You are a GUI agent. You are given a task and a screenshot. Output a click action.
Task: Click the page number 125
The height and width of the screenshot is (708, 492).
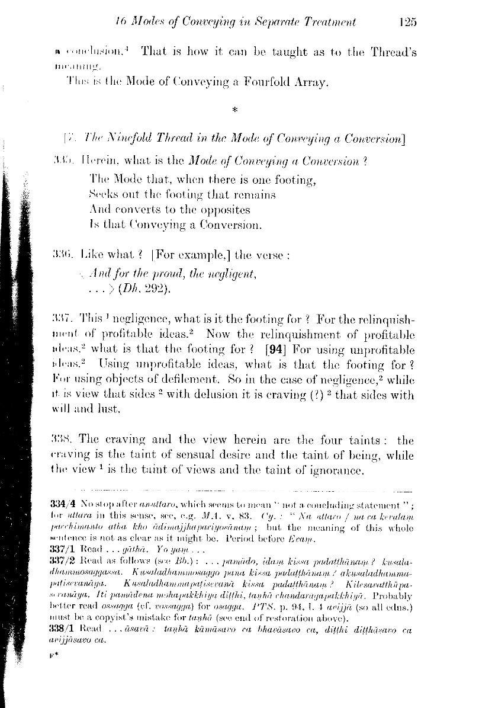tap(409, 23)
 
